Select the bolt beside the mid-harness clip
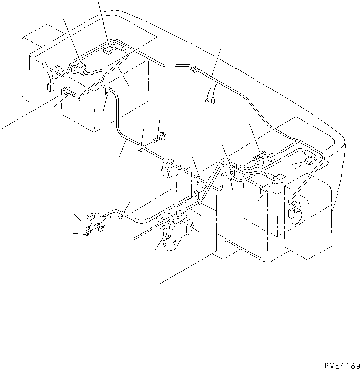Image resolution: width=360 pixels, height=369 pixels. coord(161,135)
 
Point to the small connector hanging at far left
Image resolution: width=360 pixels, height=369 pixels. coord(50,87)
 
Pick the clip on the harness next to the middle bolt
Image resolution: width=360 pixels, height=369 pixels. coord(141,147)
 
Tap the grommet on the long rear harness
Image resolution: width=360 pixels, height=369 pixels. coord(193,70)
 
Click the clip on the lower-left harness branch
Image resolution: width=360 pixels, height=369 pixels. coord(121,216)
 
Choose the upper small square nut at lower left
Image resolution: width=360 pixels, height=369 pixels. coord(89,217)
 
